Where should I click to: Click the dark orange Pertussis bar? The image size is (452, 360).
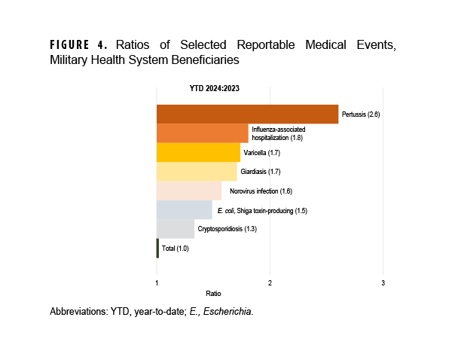(247, 114)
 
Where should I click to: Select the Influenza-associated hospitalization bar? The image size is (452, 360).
(202, 133)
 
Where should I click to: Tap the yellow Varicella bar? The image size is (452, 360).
(198, 152)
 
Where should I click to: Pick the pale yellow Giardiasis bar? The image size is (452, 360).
(196, 172)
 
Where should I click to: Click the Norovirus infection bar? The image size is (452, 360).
(188, 191)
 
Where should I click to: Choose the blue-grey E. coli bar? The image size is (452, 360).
(184, 210)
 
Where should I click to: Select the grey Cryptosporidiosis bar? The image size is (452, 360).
(175, 229)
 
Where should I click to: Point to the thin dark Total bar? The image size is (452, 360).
(157, 249)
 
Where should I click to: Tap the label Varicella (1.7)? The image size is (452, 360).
(261, 153)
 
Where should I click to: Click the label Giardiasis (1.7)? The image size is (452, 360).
(260, 172)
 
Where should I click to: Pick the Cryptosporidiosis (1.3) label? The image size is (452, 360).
(227, 229)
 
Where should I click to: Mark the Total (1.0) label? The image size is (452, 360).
(175, 249)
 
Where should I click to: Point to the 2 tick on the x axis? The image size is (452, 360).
(270, 282)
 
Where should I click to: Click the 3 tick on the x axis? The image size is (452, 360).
(383, 282)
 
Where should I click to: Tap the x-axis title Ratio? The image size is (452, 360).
(213, 293)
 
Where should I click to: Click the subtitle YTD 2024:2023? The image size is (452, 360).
(215, 88)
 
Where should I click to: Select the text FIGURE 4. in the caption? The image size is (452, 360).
(81, 44)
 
